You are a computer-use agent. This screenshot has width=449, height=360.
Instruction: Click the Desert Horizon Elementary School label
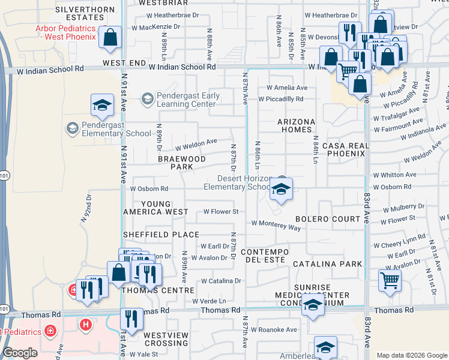point(238,182)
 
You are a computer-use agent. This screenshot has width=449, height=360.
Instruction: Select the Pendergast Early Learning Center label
point(185,100)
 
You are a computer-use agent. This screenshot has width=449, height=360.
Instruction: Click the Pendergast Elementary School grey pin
point(72,128)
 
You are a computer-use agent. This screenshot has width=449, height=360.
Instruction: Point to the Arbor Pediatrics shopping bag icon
point(110,38)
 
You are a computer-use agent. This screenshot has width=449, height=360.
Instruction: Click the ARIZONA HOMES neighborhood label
point(296,125)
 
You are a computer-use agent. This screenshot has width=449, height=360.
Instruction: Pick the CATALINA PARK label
point(328,264)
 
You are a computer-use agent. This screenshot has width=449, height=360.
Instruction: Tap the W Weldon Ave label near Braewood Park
point(196,145)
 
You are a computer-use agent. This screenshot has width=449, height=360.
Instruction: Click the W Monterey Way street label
point(276,225)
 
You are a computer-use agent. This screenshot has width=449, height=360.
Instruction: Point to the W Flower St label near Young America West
point(221,211)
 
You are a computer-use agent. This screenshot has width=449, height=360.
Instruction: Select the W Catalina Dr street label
point(221,280)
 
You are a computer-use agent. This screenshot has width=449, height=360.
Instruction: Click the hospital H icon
point(86,325)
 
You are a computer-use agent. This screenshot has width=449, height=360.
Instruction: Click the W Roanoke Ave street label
point(274,329)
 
